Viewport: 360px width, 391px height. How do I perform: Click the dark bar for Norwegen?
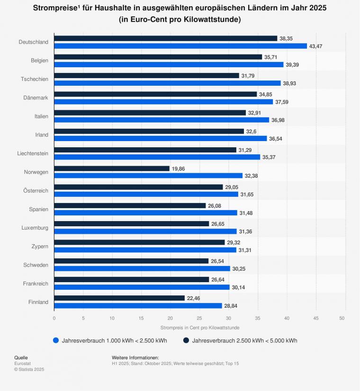112,168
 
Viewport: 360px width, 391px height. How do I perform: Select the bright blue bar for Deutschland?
180,46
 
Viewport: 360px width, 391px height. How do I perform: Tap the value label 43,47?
316,46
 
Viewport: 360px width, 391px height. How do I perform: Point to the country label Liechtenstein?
32,153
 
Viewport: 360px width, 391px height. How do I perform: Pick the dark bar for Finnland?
119,298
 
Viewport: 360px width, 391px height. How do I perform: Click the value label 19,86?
178,168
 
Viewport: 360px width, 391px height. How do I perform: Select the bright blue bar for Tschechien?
167,83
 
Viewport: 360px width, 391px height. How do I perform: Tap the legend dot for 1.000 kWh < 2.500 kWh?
56,340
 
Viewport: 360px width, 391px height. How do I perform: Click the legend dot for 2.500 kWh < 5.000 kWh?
186,340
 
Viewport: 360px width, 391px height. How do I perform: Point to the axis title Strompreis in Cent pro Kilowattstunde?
200,328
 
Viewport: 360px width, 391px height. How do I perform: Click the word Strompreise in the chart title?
54,9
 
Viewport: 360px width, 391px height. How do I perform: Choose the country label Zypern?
38,246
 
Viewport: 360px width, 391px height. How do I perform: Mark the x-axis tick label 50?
342,318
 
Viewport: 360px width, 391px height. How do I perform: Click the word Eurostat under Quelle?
22,363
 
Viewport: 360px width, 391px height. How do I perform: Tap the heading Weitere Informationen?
135,357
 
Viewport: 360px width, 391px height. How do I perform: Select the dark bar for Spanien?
130,205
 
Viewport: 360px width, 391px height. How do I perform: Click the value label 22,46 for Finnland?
194,298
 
